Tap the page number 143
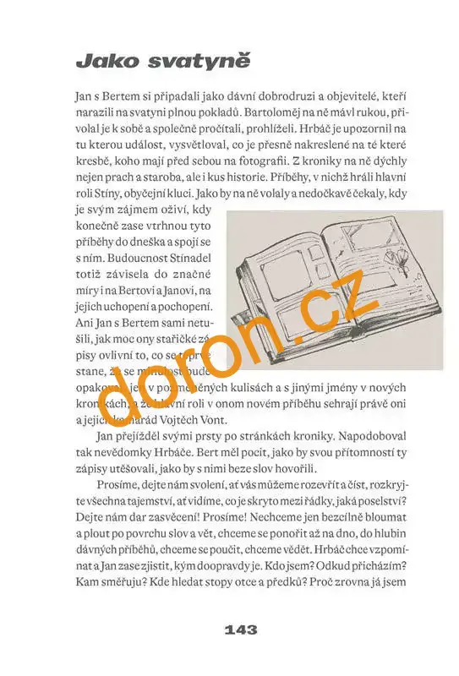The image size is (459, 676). (x=241, y=630)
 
